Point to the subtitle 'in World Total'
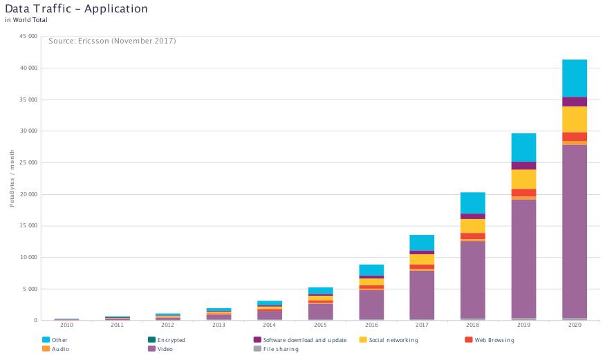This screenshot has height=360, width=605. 26,20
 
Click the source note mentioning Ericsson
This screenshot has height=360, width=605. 112,41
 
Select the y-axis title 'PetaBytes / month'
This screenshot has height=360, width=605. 12,181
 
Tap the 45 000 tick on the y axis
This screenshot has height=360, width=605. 28,37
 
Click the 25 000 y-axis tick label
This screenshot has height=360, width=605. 28,163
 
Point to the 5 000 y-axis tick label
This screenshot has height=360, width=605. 30,289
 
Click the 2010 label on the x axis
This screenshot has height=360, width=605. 66,324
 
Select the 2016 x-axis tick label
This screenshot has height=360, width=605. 371,324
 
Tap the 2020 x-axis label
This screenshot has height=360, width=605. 574,324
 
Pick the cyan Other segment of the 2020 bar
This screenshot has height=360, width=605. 574,78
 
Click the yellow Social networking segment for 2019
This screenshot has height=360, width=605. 523,179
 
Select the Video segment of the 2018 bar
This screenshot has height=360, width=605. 473,280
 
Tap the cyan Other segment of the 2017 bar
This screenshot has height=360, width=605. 422,243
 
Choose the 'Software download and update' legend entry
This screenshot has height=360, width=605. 301,340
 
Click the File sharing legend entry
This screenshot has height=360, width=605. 280,350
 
